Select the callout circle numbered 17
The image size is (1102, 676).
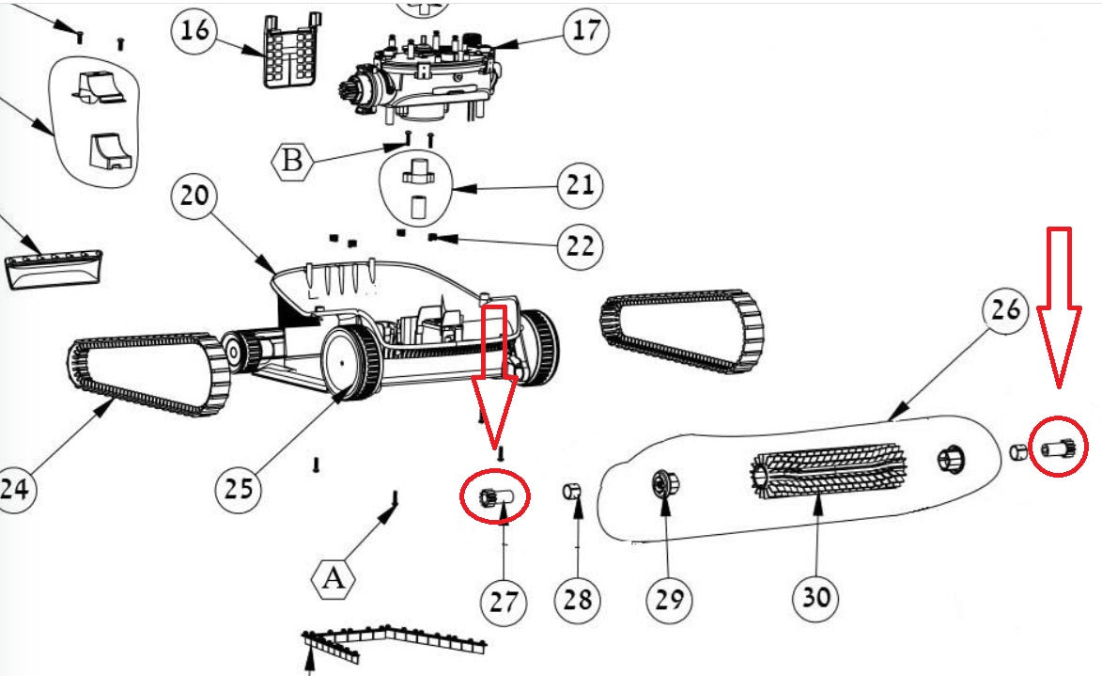(x=584, y=31)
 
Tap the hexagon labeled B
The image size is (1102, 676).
(x=292, y=160)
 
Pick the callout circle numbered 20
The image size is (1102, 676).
(x=194, y=197)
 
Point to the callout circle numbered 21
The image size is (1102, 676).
(x=580, y=183)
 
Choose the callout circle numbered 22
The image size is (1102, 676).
(x=580, y=246)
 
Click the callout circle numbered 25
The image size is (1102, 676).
(x=239, y=486)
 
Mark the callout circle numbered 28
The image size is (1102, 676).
(x=577, y=599)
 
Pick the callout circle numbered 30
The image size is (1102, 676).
(x=815, y=596)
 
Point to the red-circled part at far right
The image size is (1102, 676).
(x=1057, y=449)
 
